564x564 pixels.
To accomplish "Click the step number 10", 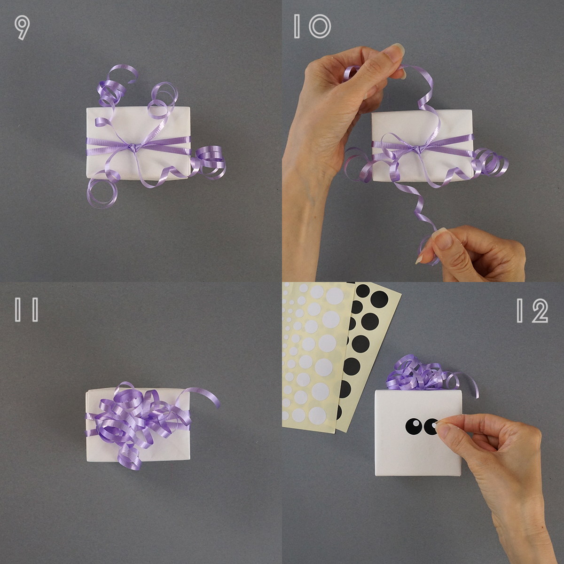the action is pos(312,27).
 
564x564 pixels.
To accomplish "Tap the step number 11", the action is pos(27,310).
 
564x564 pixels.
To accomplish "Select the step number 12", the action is pos(532,310).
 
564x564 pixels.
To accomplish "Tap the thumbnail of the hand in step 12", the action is pos(445,430).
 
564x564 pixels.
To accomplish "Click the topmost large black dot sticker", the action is pos(379,299).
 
